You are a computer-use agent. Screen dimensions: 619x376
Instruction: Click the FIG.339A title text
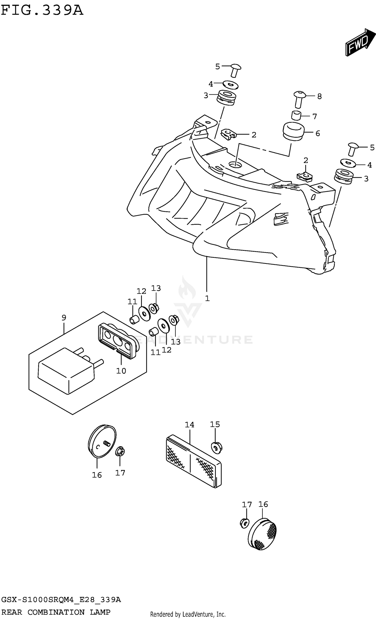pos(42,11)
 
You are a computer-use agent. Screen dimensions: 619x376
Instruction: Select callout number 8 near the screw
pos(319,96)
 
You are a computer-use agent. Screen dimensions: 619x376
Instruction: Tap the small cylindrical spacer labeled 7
pos(296,115)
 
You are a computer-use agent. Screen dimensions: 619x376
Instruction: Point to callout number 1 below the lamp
pos(207,298)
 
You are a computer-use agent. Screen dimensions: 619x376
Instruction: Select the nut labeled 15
pos(216,448)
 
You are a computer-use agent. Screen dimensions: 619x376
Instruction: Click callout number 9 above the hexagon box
pos(64,318)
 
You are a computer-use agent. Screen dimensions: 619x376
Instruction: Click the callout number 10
pos(121,371)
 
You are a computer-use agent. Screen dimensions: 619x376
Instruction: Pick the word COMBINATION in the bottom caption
pos(56,612)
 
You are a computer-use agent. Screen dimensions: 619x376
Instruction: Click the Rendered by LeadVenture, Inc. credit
pos(187,614)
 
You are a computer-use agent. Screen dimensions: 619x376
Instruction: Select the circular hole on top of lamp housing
pos(235,165)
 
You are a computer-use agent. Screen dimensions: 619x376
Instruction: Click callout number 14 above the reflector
pos(190,425)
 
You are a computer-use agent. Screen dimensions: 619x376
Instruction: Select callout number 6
pos(318,133)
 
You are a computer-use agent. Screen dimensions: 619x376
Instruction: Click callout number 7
pos(314,116)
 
